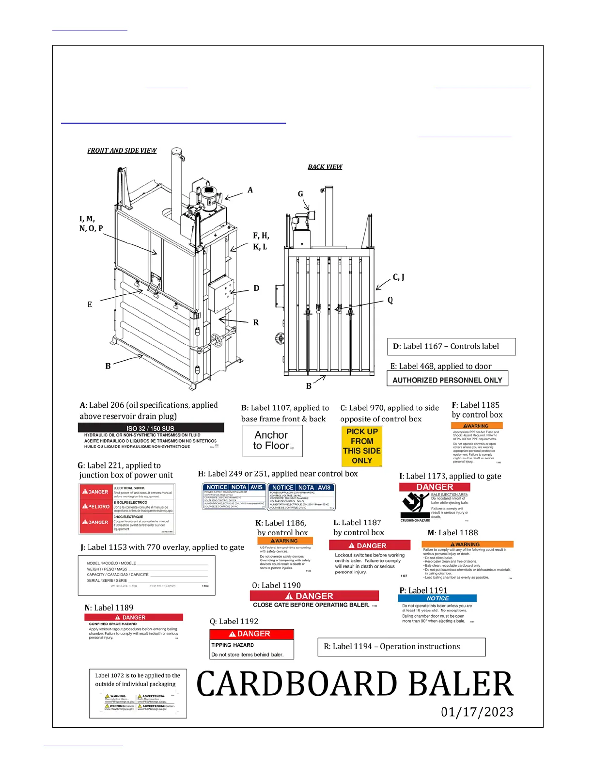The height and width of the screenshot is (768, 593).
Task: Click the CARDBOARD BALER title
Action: coord(355,684)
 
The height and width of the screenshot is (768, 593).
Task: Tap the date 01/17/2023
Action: coord(477,712)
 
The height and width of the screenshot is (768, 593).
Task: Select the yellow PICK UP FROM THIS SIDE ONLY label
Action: coord(361,446)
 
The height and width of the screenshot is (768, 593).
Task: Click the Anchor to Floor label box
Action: coord(272,441)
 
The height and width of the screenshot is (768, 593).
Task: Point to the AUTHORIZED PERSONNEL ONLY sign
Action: coord(447,380)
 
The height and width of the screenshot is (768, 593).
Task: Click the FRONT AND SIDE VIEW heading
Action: coord(122,150)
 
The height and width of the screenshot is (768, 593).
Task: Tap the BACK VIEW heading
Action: coord(325,167)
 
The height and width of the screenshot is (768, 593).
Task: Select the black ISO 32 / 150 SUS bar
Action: coord(151,428)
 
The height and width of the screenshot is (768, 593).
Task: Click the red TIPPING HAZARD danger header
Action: coord(251,634)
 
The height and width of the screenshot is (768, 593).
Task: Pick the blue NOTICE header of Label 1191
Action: coord(437,598)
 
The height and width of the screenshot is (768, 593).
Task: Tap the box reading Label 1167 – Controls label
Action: coord(451,346)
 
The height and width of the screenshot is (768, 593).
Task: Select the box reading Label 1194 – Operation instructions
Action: coord(401,646)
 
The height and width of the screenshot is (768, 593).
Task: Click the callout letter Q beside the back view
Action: coord(390,300)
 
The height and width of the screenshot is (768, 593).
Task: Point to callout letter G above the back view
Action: coord(300,194)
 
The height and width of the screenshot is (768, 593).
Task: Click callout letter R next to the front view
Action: coord(256,322)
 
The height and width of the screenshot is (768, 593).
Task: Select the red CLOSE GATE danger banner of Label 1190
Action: coord(314,596)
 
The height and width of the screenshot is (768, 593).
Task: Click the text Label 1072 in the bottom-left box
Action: coord(109,675)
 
